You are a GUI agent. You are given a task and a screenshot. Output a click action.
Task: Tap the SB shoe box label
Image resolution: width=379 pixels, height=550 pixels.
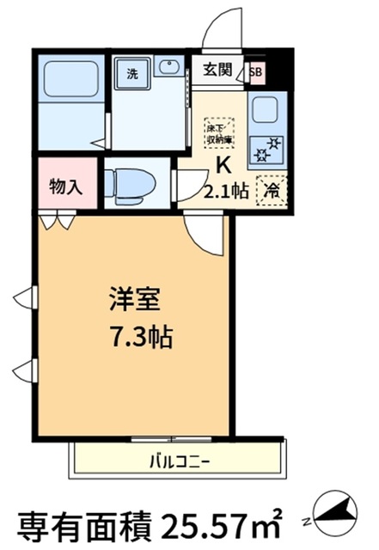[x=256, y=72]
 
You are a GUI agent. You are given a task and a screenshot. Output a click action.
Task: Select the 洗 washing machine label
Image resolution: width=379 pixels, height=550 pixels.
[x=132, y=74]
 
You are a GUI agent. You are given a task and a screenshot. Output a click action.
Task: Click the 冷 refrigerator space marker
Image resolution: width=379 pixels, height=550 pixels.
[x=271, y=191]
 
